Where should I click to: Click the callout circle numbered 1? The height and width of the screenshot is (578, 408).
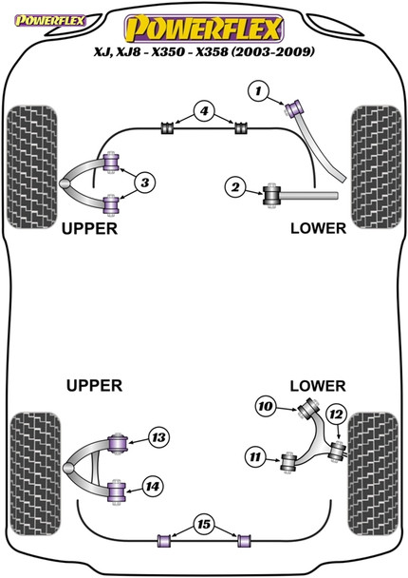[x=256, y=91]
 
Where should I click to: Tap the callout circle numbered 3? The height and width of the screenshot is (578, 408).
[x=145, y=182]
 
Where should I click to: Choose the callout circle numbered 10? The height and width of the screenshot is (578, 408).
[x=266, y=408]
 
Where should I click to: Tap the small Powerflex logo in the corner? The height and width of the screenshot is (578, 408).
[x=32, y=11]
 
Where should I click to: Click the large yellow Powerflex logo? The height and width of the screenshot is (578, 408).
[x=204, y=23]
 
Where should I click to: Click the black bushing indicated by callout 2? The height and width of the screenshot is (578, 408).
[x=271, y=195]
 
